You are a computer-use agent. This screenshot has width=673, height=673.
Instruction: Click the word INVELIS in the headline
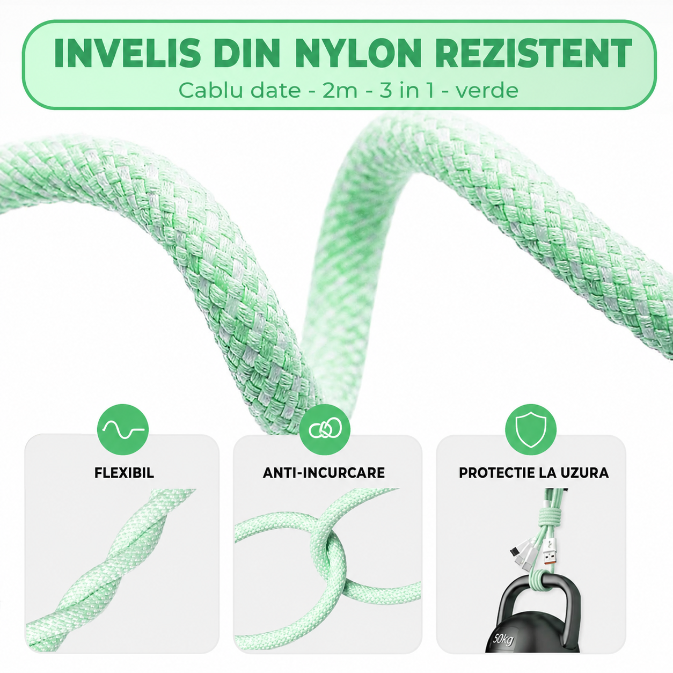[128, 53]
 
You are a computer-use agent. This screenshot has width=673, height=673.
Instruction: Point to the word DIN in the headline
[248, 53]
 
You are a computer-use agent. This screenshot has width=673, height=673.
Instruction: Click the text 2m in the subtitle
[340, 91]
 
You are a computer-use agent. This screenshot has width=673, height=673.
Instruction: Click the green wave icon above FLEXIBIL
[123, 429]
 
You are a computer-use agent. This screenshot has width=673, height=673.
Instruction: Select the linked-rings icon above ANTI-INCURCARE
[325, 429]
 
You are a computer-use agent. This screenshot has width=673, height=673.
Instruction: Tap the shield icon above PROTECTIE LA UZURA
[530, 429]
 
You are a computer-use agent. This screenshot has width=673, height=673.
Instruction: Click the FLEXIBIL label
[124, 473]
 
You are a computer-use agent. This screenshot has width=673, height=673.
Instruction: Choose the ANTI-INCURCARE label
[324, 473]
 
